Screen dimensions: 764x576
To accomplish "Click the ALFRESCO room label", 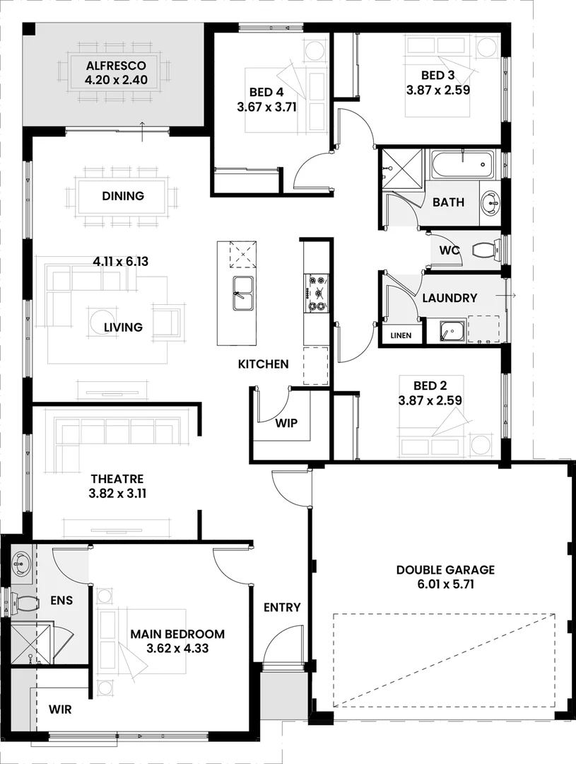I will [x=116, y=66].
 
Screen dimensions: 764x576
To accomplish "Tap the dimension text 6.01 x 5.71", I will [x=445, y=585].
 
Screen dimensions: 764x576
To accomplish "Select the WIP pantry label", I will [x=286, y=423].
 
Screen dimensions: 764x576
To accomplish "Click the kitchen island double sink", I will [x=243, y=294].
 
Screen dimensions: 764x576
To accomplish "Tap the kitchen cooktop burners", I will [x=315, y=294].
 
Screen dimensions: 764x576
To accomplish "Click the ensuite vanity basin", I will [x=20, y=564].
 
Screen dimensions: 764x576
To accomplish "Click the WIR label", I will [x=60, y=708].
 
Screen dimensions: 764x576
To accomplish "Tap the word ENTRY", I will [x=282, y=607].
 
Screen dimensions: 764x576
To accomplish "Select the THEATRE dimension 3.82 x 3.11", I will [x=117, y=494].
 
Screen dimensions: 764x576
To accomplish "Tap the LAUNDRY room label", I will [x=449, y=298].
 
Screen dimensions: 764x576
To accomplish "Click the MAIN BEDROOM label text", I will [x=177, y=634].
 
